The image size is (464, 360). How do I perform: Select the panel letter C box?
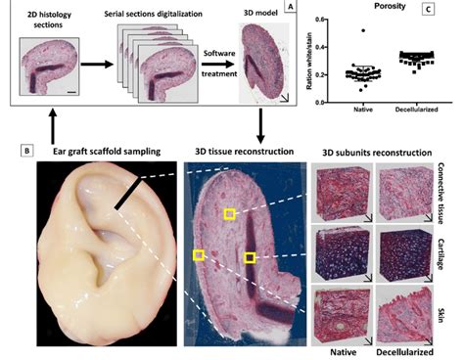[x=427, y=10]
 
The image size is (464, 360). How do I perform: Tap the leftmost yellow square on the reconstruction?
[x=199, y=255]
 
